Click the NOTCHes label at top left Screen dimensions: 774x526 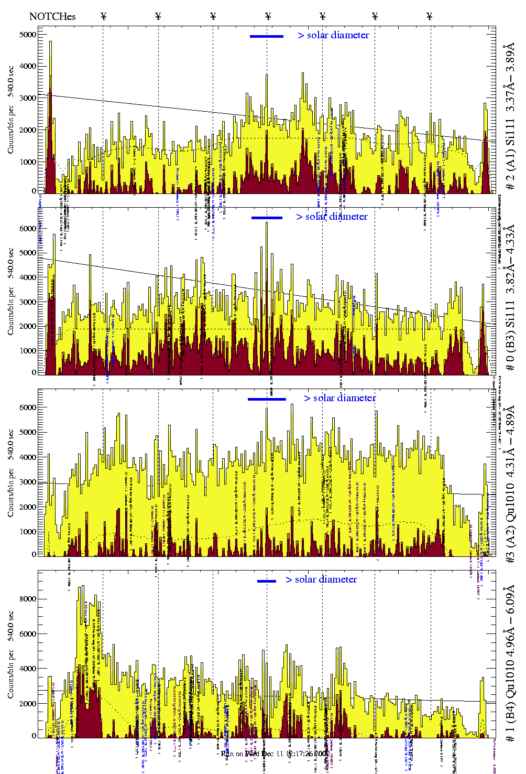click(x=52, y=16)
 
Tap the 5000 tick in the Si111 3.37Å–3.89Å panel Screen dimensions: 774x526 click(x=28, y=35)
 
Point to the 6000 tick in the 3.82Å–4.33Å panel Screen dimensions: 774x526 click(x=28, y=229)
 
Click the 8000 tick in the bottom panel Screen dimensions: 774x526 click(x=28, y=599)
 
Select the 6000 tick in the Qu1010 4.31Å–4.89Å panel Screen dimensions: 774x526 click(x=28, y=407)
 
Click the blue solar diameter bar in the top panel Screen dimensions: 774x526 click(x=267, y=36)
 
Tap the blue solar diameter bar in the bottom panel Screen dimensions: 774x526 click(x=267, y=581)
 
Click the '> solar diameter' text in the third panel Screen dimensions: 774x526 click(x=339, y=398)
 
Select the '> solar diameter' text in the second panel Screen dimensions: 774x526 click(x=332, y=217)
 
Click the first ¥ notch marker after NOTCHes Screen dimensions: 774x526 click(x=103, y=16)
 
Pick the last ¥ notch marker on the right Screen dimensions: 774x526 click(x=430, y=16)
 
